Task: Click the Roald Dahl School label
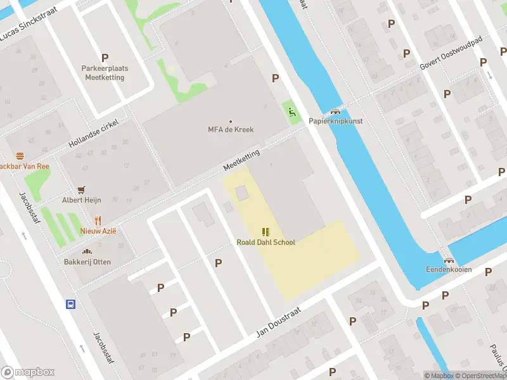266,242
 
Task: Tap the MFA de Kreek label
231,129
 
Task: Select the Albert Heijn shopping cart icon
81,189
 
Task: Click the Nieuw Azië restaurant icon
98,220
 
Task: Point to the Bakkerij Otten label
86,262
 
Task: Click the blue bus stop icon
70,304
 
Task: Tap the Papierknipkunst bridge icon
335,110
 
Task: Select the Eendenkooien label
449,269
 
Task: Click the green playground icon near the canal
292,113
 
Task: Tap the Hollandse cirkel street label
93,133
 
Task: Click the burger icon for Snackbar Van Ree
20,155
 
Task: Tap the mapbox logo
28,372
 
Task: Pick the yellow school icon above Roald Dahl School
266,231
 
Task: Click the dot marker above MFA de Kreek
231,121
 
